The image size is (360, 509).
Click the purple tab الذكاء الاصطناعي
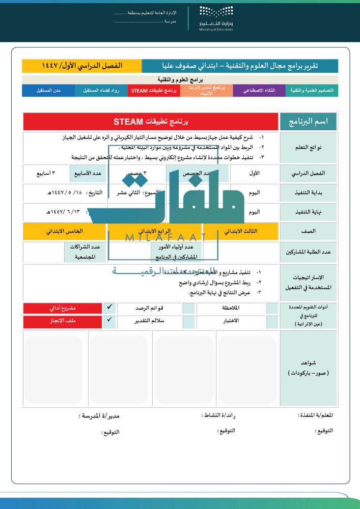[259, 91]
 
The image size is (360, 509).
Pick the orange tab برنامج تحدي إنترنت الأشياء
[206, 91]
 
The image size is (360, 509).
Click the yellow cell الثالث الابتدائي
[241, 231]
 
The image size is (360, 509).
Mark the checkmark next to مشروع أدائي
[109, 308]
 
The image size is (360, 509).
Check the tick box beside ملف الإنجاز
[109, 321]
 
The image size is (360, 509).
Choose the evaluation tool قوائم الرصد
[150, 308]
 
